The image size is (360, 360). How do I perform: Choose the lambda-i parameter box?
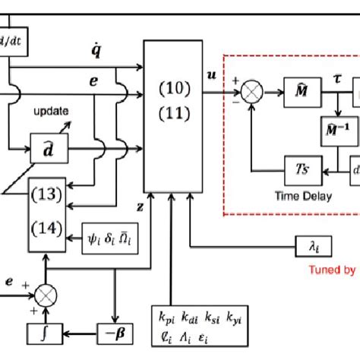(312, 244)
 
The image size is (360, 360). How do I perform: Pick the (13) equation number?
(49, 194)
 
